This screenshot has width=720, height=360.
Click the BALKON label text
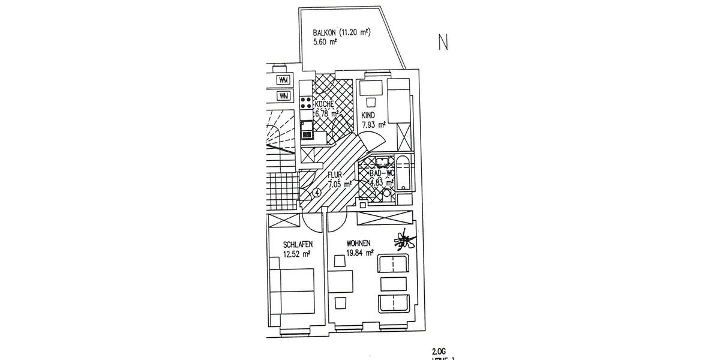pos(325,32)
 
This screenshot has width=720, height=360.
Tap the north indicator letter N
pos(443,43)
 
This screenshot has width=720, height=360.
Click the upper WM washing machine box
pos(283,80)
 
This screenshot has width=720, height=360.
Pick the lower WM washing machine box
pos(283,95)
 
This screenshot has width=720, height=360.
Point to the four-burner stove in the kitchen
pos(305,103)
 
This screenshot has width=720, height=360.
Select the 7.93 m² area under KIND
pos(373,125)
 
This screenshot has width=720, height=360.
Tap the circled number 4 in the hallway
pos(317,193)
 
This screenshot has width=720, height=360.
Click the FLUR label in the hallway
pos(335,175)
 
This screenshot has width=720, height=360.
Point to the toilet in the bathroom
pos(386,194)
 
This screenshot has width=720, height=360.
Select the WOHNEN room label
pos(360,243)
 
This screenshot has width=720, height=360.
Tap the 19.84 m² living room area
pos(360,253)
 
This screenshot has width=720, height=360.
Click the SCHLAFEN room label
pos(298,244)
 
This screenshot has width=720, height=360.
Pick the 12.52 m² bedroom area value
pos(297,254)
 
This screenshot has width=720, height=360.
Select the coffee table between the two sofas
pos(392,284)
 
